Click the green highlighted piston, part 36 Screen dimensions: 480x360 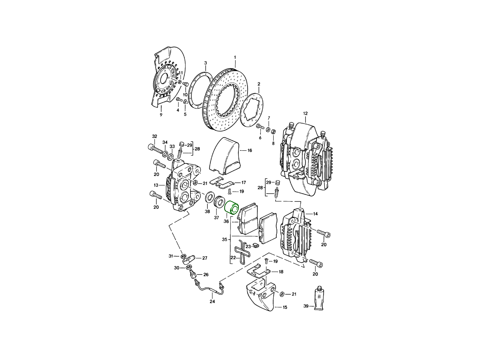pos(232,208)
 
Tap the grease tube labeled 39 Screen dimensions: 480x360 pos(319,298)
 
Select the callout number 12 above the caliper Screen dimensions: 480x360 pos(305,114)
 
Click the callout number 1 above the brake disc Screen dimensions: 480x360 pos(235,57)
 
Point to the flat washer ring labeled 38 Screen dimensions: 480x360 pos(210,197)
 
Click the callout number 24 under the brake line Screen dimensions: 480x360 pos(212,302)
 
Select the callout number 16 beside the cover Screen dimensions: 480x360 pos(250,150)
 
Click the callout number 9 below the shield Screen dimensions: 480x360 pos(161,115)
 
